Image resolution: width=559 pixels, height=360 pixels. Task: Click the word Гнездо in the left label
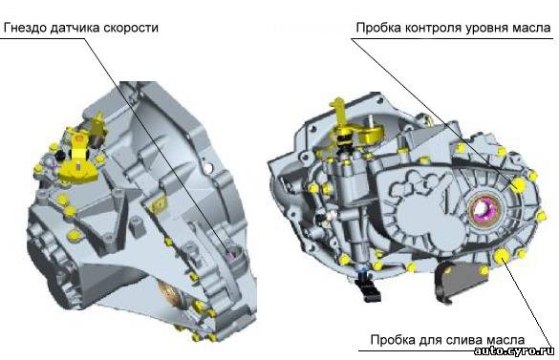[25, 28]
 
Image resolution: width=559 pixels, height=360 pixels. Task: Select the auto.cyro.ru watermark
[514, 350]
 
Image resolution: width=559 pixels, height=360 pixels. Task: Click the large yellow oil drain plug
[502, 255]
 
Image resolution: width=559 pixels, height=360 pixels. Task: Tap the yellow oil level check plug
[518, 184]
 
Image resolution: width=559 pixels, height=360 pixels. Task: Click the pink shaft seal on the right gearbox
[482, 209]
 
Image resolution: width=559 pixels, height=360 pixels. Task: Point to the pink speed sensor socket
[231, 255]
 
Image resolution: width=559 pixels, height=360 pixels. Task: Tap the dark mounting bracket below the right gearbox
[461, 281]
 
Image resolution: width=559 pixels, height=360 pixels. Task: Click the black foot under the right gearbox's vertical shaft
[368, 286]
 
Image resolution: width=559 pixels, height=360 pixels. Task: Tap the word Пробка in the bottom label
[392, 340]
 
